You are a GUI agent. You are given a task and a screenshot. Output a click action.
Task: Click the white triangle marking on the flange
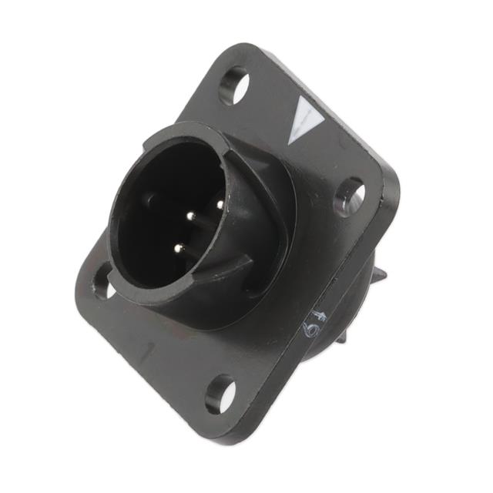306,121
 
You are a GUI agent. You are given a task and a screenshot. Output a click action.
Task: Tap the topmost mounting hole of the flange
233,86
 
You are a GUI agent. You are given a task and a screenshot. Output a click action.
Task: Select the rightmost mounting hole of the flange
350,196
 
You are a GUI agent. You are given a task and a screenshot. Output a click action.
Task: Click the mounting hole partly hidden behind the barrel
102,281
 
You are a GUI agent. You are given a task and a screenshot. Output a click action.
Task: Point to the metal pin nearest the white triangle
218,204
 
